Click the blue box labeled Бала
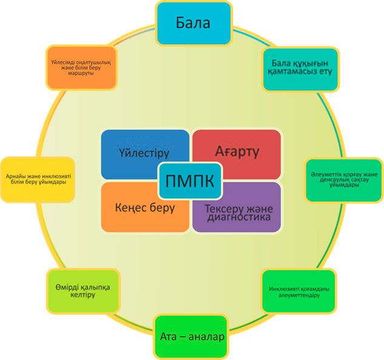pyautogui.click(x=194, y=23)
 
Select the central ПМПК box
pyautogui.click(x=190, y=181)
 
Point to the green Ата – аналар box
pyautogui.click(x=191, y=337)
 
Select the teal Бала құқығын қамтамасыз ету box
pyautogui.click(x=300, y=69)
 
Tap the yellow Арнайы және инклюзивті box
pyautogui.click(x=38, y=180)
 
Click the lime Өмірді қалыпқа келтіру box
pyautogui.click(x=83, y=291)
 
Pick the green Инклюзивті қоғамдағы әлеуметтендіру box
pyautogui.click(x=299, y=291)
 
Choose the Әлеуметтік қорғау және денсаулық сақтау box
pyautogui.click(x=344, y=180)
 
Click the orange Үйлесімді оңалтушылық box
pyautogui.click(x=81, y=67)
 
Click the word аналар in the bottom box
pyautogui.click(x=206, y=337)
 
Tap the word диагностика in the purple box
pyautogui.click(x=239, y=217)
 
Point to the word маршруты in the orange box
pyautogui.click(x=81, y=73)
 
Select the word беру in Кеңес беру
pyautogui.click(x=162, y=208)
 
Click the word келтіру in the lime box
pyautogui.click(x=83, y=294)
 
